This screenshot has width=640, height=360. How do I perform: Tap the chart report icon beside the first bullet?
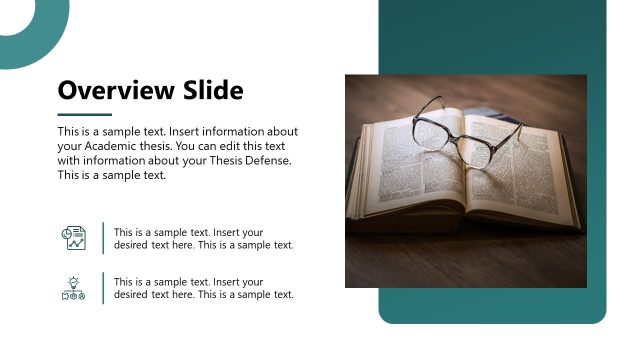74,238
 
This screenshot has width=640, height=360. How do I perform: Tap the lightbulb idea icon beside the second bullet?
74,288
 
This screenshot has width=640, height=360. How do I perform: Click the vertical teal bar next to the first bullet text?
103,238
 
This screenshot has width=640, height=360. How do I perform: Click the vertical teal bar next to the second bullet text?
103,288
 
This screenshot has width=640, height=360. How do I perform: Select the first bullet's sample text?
203,238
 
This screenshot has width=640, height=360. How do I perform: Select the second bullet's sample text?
203,288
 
